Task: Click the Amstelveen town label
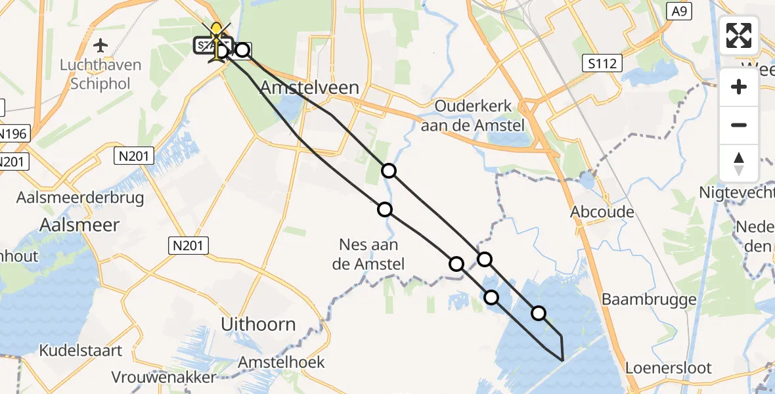[x=310, y=87]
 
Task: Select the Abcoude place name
[x=602, y=211]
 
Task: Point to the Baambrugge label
[x=649, y=299]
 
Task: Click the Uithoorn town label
[x=258, y=324]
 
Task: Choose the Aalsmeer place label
[x=79, y=225]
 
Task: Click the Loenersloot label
[x=668, y=368]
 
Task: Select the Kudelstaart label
[x=80, y=351]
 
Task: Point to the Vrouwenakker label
[x=164, y=378]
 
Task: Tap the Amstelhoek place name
[x=281, y=362]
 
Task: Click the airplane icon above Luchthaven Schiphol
[x=100, y=46]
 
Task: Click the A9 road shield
[x=679, y=11]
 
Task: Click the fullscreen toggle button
[x=739, y=35]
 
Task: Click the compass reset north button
[x=739, y=164]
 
